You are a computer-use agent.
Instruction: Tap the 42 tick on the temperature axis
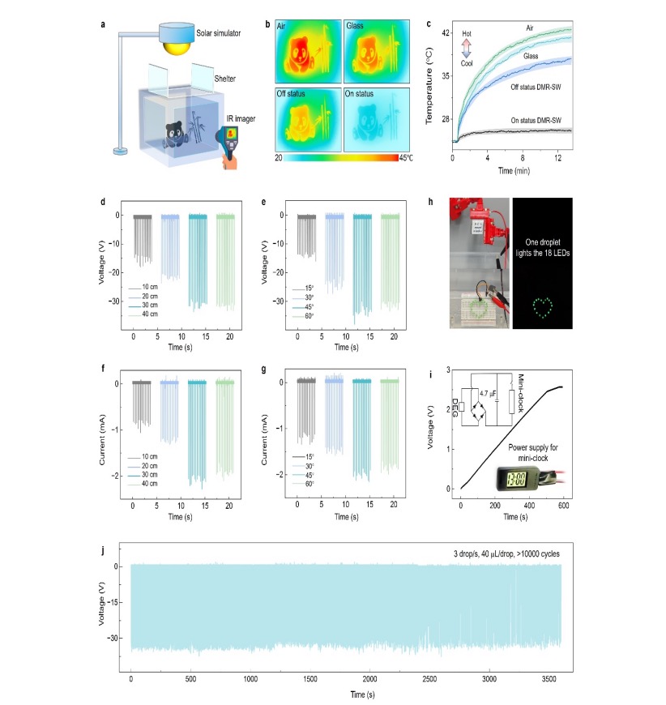click(443, 33)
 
